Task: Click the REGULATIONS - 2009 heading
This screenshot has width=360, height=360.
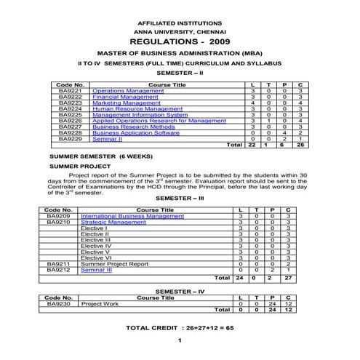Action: point(179,43)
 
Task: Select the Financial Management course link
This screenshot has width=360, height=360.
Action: point(121,97)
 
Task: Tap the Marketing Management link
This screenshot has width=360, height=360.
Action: point(121,103)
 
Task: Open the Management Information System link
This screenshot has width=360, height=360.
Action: point(140,115)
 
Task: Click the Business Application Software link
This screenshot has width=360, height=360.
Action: point(136,133)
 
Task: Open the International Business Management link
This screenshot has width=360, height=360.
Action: point(132,216)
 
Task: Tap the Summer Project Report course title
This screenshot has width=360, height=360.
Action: point(114,264)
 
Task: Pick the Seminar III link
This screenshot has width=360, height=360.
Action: point(96,270)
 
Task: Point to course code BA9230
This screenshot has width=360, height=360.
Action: point(57,303)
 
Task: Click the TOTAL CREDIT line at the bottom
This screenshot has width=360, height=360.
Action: point(179,328)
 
